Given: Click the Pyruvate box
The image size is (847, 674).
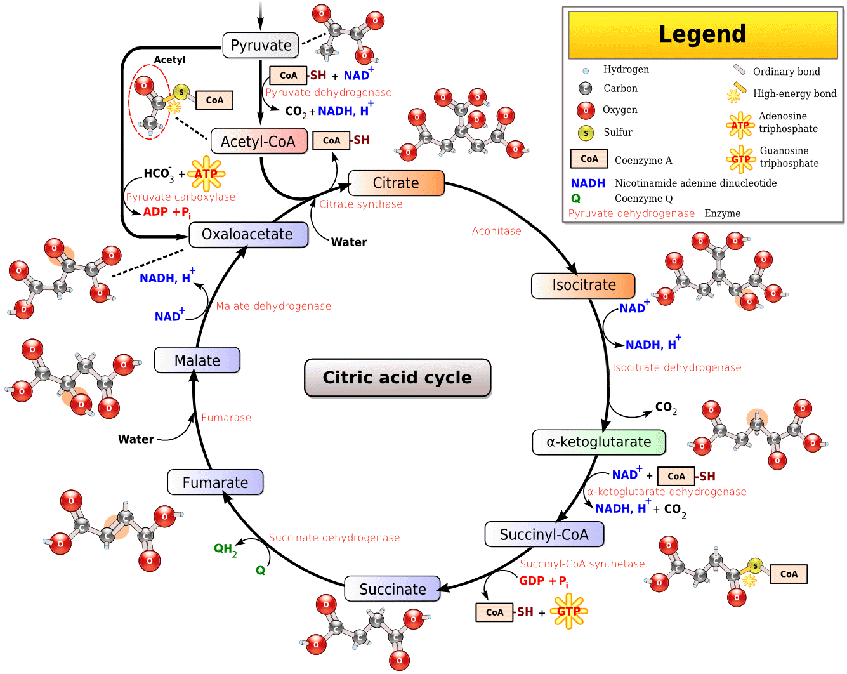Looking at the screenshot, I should [261, 46].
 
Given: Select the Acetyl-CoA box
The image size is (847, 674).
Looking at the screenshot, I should [259, 142].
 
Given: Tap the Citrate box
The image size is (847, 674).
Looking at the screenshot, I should [396, 183].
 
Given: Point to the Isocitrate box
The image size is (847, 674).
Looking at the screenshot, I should [583, 286].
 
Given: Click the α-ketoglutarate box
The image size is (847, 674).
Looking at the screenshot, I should [599, 442].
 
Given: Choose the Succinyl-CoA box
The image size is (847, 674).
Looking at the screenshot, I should [544, 534].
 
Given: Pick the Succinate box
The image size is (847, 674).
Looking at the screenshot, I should [392, 589].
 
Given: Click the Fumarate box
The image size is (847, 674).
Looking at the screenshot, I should [215, 482].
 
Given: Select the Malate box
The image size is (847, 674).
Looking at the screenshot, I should [197, 360].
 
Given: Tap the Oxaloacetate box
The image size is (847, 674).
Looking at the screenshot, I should [248, 235].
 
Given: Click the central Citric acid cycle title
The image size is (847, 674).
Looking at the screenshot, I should [398, 378].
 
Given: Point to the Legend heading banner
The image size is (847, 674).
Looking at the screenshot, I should [702, 34].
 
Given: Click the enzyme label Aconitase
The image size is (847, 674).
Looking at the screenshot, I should [496, 231].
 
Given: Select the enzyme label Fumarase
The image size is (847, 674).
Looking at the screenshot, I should [226, 418].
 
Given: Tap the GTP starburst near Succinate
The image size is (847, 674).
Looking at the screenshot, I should [568, 612].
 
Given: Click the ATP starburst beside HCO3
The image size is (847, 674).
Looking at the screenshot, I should [206, 174].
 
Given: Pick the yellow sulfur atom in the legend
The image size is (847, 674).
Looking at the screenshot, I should [586, 133].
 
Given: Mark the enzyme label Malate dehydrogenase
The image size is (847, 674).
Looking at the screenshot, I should [273, 306].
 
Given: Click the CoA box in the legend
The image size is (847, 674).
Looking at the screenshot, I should [589, 159].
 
